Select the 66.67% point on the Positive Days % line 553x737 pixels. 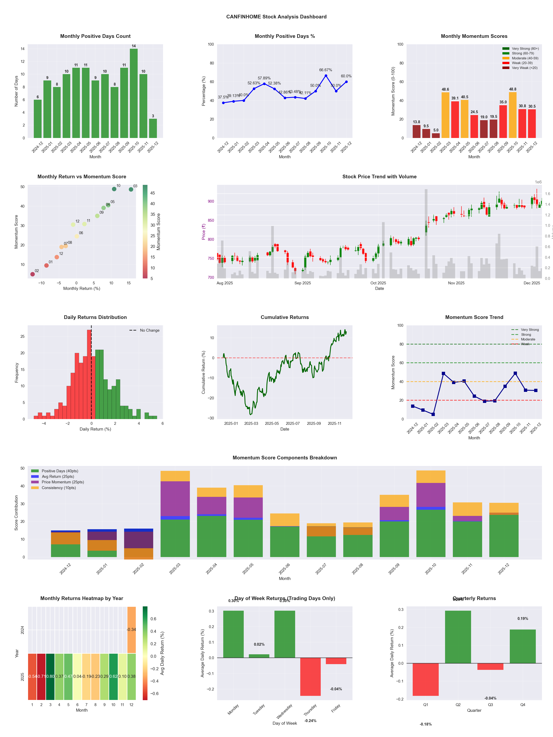(326, 76)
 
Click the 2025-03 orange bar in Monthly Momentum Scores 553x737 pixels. (445, 115)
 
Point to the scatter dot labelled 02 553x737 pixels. (32, 274)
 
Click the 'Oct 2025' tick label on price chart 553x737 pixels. (378, 283)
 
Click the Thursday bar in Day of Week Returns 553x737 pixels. (310, 676)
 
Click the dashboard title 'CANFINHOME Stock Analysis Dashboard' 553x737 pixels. (276, 17)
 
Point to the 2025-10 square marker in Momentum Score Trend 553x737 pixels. (515, 373)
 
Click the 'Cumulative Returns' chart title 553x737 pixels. (285, 317)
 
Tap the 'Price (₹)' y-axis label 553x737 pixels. (204, 232)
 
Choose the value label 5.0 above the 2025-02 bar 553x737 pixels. (436, 130)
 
